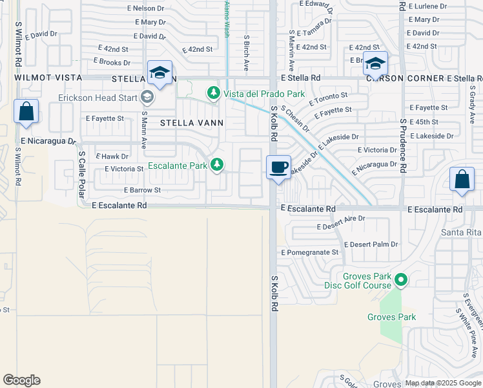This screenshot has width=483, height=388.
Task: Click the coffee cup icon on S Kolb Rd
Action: pos(278,167)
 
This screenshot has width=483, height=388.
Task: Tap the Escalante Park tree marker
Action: pos(218,166)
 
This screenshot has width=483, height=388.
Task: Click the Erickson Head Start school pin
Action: pos(147,98)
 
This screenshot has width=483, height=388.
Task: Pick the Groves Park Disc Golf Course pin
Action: pos(401,281)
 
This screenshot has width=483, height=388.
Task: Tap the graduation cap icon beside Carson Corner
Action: pos(375,63)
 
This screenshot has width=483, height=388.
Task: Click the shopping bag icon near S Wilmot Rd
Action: pos(26,111)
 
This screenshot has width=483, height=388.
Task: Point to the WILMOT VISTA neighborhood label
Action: pos(48,78)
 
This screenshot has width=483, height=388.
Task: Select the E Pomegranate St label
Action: pos(310,252)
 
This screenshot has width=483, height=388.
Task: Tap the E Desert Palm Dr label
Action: pos(371,244)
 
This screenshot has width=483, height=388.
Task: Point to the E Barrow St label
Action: pos(142,190)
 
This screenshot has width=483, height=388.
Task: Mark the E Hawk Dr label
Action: pos(112,156)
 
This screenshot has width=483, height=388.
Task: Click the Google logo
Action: pos(22,380)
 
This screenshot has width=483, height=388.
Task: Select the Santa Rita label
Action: pos(461,233)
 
